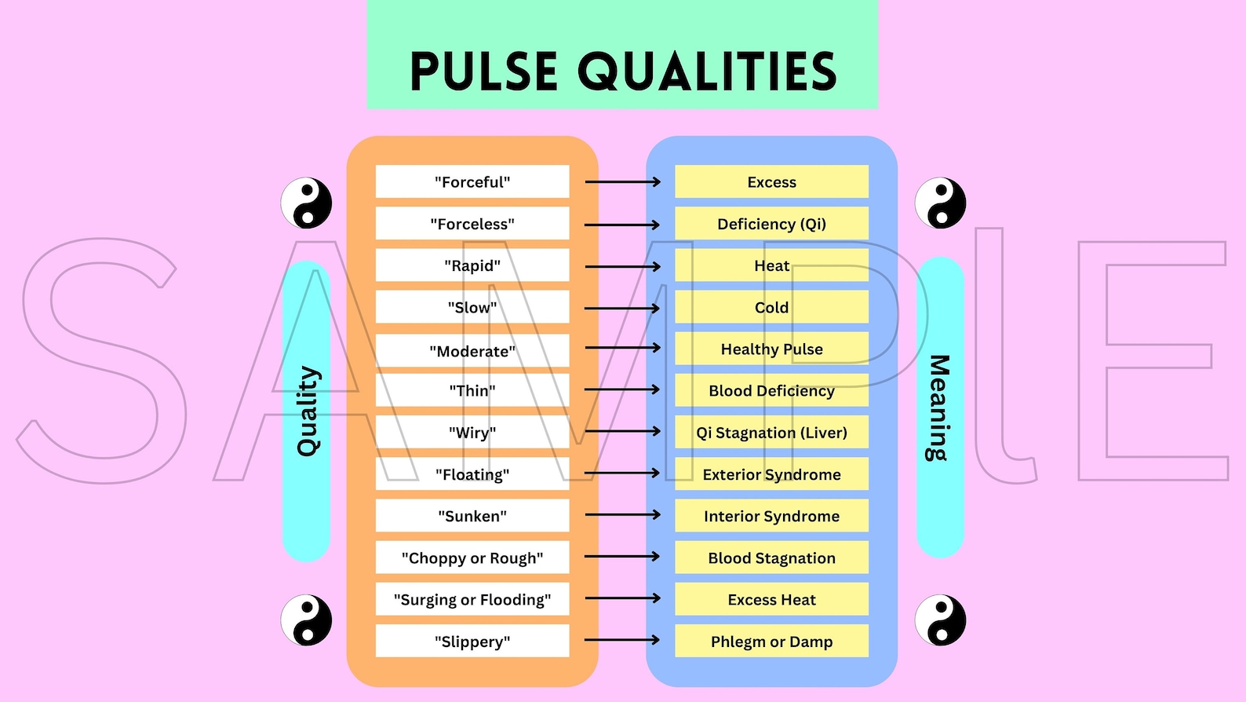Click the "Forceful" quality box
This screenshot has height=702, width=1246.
tap(472, 182)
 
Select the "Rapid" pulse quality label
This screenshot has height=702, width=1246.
tap(472, 265)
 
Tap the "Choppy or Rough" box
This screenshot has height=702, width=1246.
tap(472, 558)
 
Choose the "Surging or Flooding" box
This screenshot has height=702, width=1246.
tap(472, 599)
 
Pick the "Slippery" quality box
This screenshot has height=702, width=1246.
tap(472, 641)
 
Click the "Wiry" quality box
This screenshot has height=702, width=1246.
tap(472, 432)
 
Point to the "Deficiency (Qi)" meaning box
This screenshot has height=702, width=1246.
tap(771, 224)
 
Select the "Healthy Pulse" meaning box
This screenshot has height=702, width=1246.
tap(771, 349)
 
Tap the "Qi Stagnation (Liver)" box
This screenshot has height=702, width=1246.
tap(771, 432)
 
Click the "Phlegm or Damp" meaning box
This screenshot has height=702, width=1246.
tap(771, 641)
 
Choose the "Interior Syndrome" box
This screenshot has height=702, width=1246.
tap(771, 516)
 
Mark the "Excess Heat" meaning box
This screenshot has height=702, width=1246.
tap(771, 599)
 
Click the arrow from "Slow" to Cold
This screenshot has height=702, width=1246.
tap(622, 308)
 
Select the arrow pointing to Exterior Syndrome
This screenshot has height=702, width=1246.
tap(622, 473)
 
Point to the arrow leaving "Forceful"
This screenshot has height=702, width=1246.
tap(622, 182)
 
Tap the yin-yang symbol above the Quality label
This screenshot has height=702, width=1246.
tap(307, 203)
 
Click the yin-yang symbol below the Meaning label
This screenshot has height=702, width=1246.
tap(940, 620)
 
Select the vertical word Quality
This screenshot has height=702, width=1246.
tap(308, 411)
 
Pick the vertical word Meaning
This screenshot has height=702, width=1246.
tap(938, 408)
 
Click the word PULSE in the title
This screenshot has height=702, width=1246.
tap(484, 71)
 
